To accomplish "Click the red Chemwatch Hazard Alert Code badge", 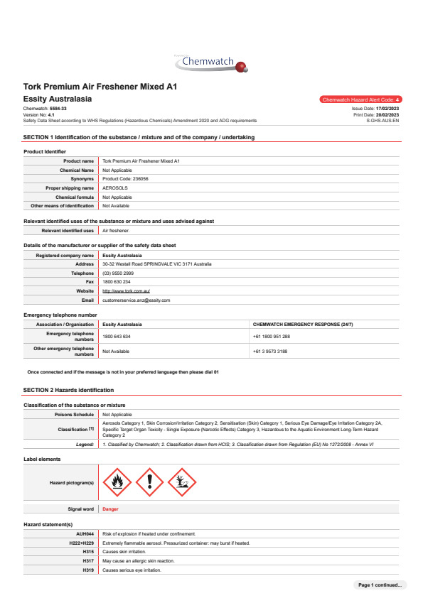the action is coord(361,100).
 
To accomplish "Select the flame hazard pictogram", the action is coord(117,482).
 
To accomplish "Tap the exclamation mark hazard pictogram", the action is coord(149,482).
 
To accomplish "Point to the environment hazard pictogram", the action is coord(182,482).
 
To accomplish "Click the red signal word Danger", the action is coord(110,509).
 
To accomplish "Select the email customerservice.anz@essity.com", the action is coord(136,300).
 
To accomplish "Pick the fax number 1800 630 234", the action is coord(117,282).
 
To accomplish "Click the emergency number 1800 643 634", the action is coord(117,336).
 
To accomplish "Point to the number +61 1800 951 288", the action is coord(271,336).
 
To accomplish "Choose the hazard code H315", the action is coord(88,552).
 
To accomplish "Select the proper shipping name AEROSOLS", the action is coord(114,188).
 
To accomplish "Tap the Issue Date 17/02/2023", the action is coord(384,108).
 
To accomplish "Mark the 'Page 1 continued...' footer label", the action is coord(380,585).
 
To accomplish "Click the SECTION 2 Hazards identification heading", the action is coord(68,390).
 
